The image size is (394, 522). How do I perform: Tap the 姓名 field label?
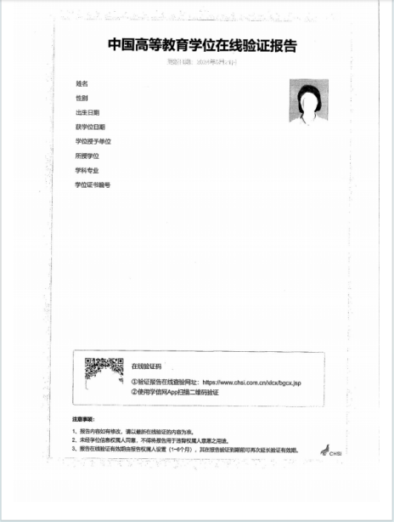tap(82, 83)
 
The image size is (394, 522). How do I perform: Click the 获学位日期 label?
tap(90, 127)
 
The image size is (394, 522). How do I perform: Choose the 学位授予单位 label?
tap(93, 141)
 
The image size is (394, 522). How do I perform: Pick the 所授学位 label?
tap(87, 156)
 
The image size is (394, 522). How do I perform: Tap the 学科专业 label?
tap(87, 170)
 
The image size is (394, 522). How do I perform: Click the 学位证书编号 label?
tap(93, 184)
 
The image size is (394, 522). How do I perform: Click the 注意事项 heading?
tap(85, 421)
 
